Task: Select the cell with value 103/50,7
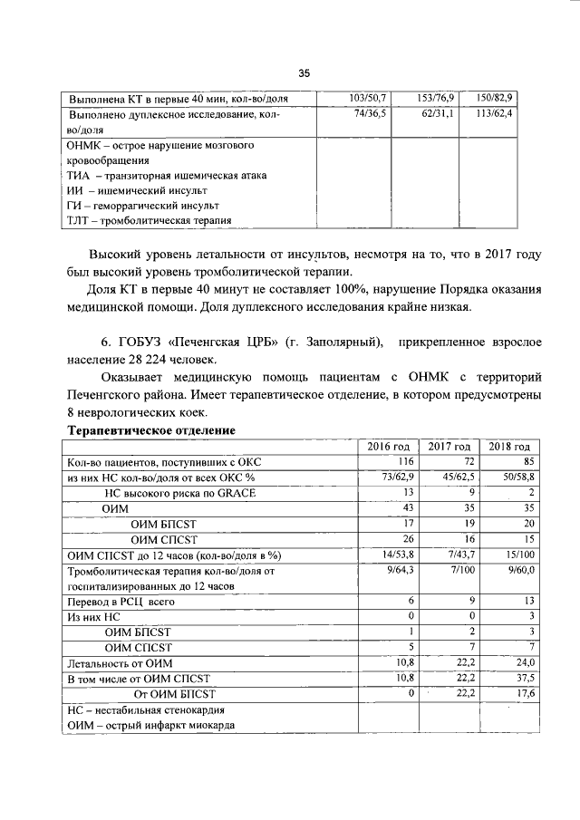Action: pyautogui.click(x=368, y=97)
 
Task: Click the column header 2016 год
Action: pyautogui.click(x=388, y=447)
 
